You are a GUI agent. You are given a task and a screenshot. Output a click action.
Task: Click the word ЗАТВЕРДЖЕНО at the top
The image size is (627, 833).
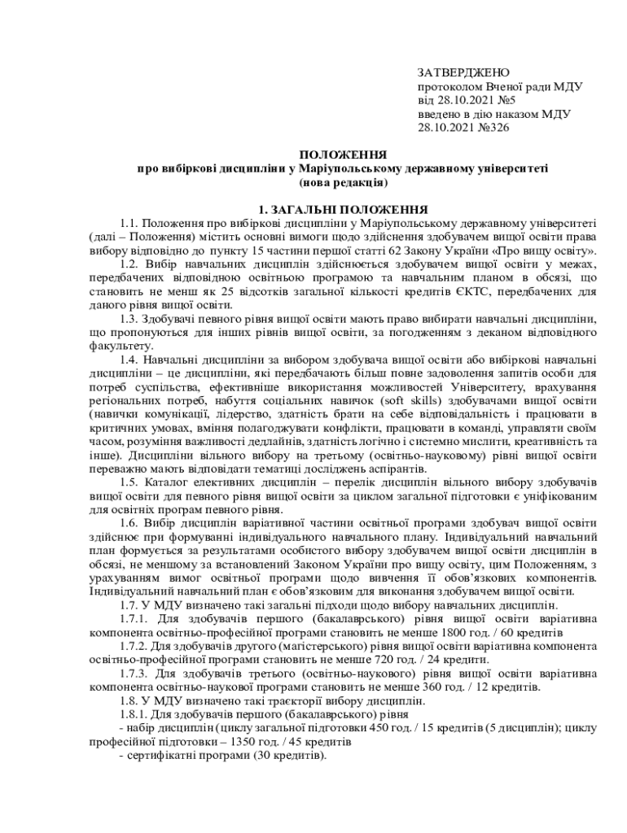(463, 73)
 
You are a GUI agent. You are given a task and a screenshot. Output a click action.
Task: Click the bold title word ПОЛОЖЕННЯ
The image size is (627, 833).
(343, 155)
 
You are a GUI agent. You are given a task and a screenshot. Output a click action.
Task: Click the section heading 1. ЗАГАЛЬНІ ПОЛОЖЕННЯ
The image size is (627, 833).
(342, 208)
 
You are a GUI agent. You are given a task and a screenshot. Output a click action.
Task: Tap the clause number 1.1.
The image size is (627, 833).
(129, 222)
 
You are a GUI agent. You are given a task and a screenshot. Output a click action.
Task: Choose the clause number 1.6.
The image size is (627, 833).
(129, 524)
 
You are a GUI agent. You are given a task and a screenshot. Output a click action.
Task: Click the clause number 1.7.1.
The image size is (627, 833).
(135, 619)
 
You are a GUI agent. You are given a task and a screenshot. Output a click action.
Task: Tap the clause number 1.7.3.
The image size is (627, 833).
(135, 674)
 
